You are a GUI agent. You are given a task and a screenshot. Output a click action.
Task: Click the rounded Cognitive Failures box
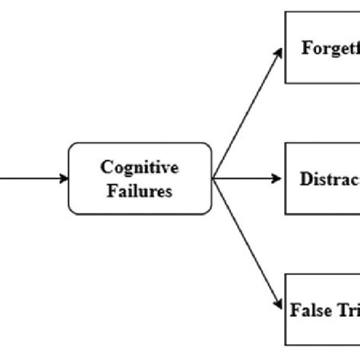(x=140, y=178)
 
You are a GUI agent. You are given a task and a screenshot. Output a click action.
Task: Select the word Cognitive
(x=140, y=168)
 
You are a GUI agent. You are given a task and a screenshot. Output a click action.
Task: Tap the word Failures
(x=140, y=190)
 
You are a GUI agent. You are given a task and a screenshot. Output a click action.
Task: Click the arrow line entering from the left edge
(x=30, y=179)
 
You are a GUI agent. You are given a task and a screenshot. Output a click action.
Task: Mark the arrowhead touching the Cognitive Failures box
(x=63, y=179)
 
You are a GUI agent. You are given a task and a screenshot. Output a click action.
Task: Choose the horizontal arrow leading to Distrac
(x=247, y=179)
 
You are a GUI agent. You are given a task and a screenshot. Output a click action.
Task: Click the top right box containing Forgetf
(x=323, y=47)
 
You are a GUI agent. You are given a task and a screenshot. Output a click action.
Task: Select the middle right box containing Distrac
(x=323, y=179)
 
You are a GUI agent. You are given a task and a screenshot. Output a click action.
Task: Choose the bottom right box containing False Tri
(x=323, y=311)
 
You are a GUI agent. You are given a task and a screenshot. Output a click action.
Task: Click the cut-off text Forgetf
(x=330, y=49)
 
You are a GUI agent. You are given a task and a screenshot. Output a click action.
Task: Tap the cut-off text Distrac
(x=329, y=180)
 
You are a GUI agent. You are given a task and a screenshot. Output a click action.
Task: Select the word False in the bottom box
(x=307, y=312)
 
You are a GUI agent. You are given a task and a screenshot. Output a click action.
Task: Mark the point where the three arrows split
(x=213, y=179)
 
